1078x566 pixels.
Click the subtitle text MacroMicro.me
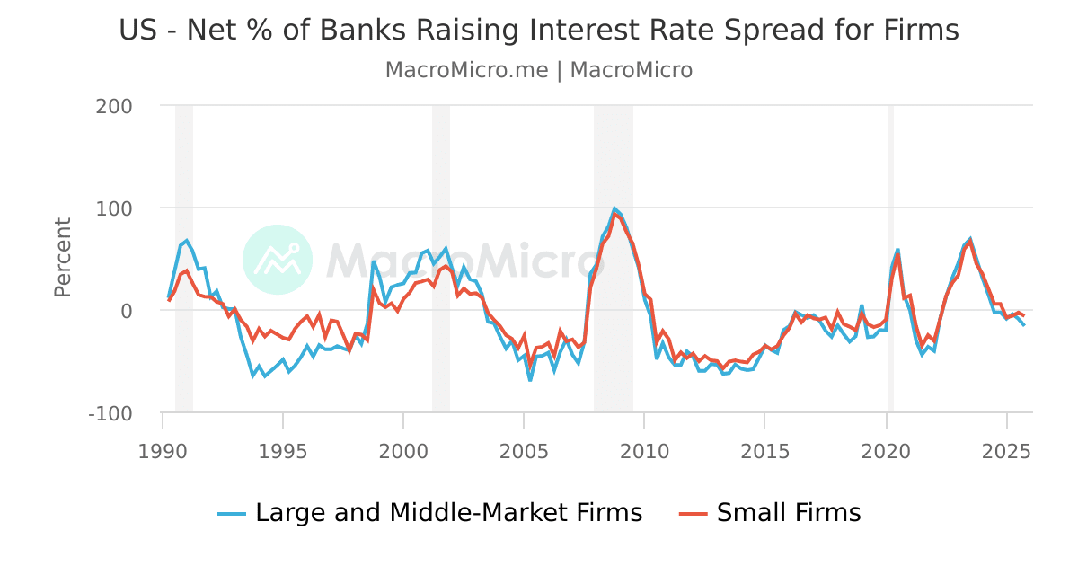[x=466, y=70]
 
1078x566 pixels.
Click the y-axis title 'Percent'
[x=63, y=257]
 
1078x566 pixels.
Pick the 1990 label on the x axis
[x=163, y=447]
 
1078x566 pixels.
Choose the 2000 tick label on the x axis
[x=403, y=447]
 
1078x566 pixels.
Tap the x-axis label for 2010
[x=644, y=447]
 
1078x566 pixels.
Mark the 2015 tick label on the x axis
[x=764, y=447]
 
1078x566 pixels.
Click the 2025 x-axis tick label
[x=1006, y=447]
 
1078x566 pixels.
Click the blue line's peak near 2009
[x=614, y=209]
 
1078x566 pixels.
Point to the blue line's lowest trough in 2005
[x=530, y=380]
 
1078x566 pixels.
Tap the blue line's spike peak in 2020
[x=897, y=250]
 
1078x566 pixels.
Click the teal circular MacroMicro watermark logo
[x=278, y=259]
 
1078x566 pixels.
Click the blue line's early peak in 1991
[x=186, y=241]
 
